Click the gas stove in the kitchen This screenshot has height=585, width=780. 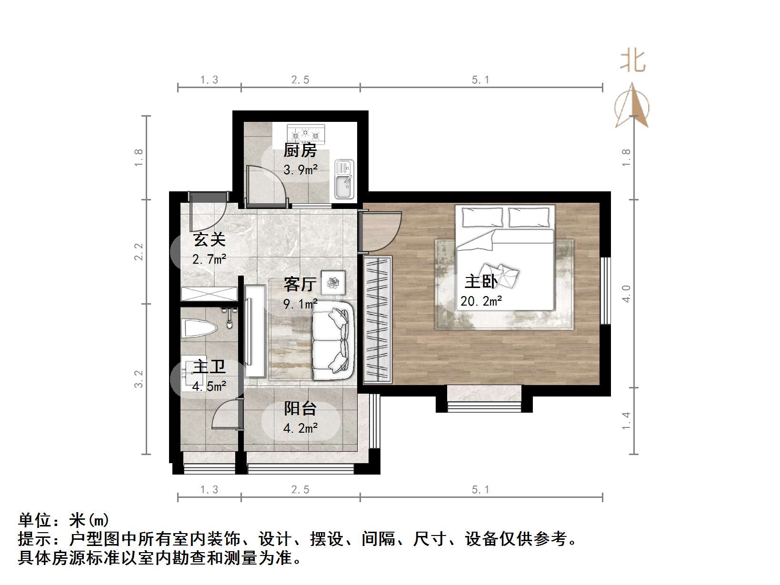click(306, 134)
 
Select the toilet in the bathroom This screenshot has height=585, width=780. click(199, 328)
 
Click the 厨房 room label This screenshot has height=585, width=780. click(300, 150)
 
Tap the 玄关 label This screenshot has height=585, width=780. click(209, 239)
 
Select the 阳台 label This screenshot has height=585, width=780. click(300, 408)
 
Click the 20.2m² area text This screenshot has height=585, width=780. click(481, 301)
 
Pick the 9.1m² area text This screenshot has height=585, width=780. click(300, 304)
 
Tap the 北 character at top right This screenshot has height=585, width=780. click(633, 61)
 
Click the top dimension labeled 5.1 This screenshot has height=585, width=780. click(480, 80)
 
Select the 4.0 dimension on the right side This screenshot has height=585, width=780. click(626, 293)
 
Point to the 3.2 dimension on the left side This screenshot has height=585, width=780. click(139, 379)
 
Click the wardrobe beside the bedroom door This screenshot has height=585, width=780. click(378, 320)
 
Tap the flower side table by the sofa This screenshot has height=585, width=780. click(333, 283)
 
